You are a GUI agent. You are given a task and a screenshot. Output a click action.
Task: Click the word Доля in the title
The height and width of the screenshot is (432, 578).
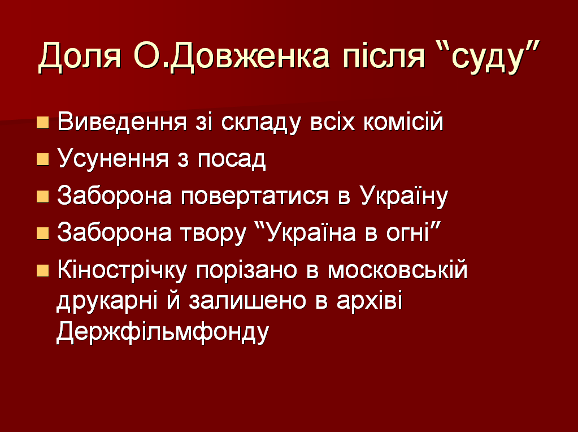[x=80, y=57]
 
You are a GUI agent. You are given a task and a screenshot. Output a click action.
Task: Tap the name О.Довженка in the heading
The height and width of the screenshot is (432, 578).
[x=232, y=57]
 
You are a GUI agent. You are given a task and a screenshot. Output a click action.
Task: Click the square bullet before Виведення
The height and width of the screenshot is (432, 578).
[x=43, y=123]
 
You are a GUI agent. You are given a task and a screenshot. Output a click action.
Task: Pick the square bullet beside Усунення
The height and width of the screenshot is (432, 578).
[x=43, y=160]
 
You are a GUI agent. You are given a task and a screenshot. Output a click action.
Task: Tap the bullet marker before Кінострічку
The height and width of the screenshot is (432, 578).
[x=43, y=271]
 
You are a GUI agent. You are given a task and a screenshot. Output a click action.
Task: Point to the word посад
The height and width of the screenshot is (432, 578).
[x=231, y=160]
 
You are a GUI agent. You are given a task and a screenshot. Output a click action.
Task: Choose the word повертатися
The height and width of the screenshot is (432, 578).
[x=255, y=197]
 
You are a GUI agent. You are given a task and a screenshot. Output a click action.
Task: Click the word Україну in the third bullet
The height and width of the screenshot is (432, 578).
[x=403, y=196]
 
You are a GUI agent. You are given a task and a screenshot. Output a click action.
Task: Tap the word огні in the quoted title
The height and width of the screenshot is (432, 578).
[x=411, y=233]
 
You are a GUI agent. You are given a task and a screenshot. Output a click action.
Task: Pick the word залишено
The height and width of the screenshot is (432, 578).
[x=247, y=301]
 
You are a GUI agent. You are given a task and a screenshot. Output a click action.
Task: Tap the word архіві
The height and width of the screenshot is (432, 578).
[x=369, y=301]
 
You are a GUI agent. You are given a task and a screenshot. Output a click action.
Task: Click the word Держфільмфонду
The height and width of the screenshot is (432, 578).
[x=163, y=332]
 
